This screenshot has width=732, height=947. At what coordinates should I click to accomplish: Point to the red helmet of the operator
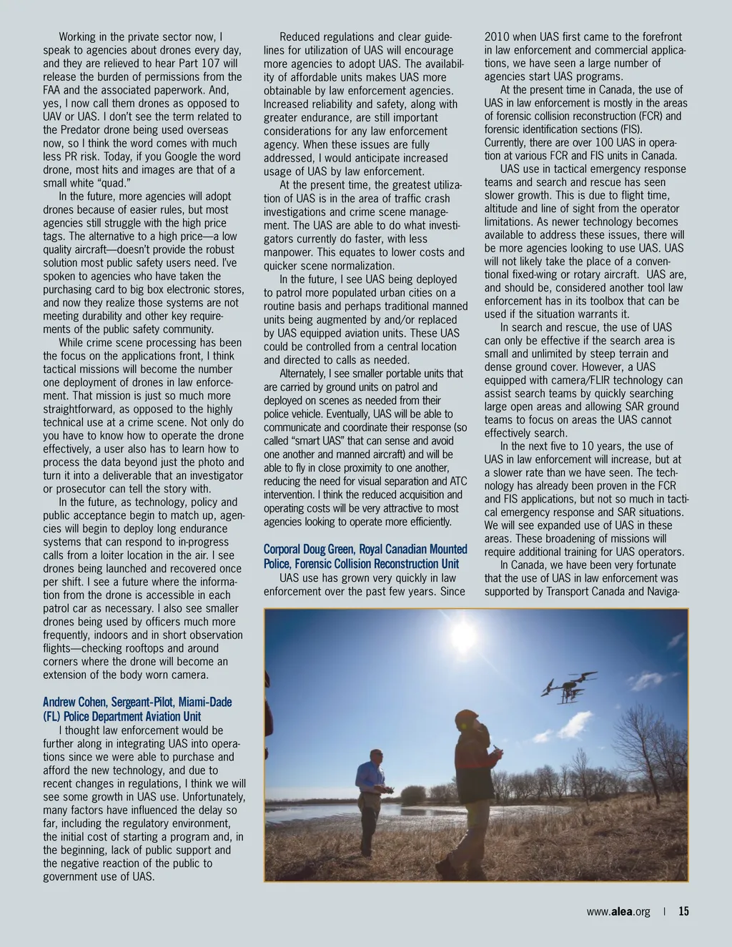469,717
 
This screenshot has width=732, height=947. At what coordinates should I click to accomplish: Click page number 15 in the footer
683,911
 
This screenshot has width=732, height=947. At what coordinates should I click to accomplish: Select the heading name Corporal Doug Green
307,550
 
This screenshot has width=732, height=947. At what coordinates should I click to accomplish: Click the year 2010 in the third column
497,36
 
